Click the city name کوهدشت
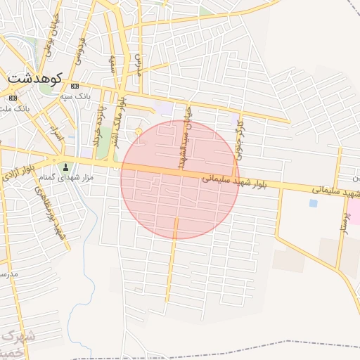pyautogui.click(x=35, y=78)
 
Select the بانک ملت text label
pyautogui.click(x=15, y=109)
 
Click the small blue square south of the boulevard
pyautogui.click(x=313, y=203)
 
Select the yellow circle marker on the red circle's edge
pyautogui.click(x=139, y=131)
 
